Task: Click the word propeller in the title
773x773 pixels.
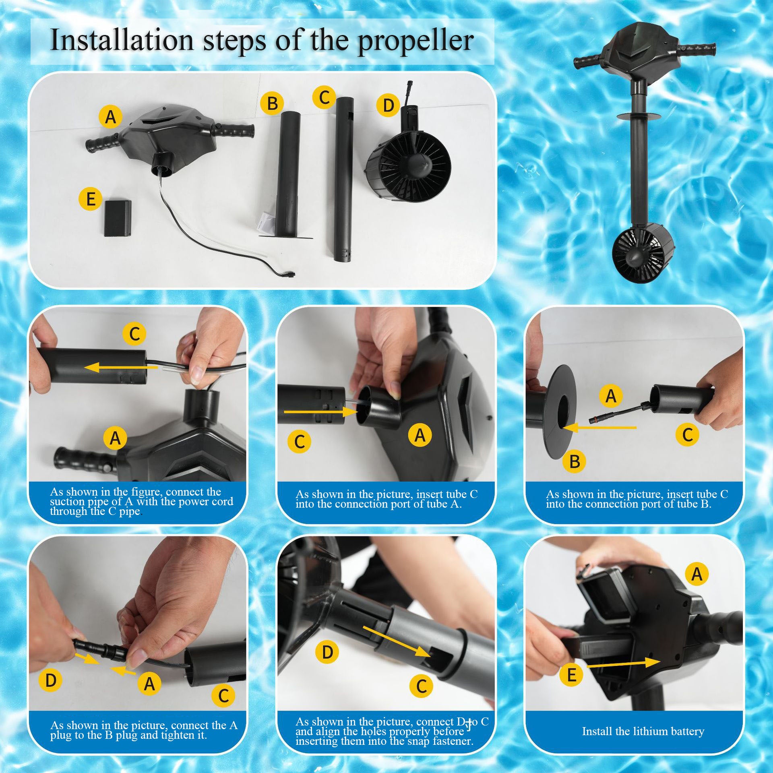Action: (415, 41)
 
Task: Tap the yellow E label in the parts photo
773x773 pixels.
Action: (91, 198)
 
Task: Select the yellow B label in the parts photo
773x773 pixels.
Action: (272, 103)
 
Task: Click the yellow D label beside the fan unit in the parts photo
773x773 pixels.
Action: (388, 105)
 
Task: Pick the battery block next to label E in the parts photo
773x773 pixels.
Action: (118, 219)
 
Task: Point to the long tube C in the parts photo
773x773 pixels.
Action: (344, 179)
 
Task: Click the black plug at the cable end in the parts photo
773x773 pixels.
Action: (288, 274)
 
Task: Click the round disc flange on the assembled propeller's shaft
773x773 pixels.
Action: (639, 117)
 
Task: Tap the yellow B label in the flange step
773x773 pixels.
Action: (575, 461)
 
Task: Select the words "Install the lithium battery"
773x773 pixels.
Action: (643, 731)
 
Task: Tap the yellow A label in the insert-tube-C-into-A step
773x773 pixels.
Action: (420, 435)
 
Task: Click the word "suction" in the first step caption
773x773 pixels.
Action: (67, 502)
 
